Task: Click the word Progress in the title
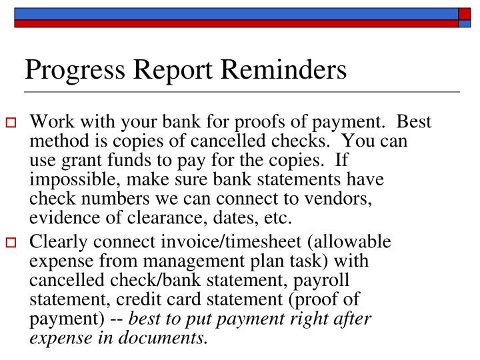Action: click(x=67, y=70)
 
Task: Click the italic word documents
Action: click(x=171, y=338)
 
